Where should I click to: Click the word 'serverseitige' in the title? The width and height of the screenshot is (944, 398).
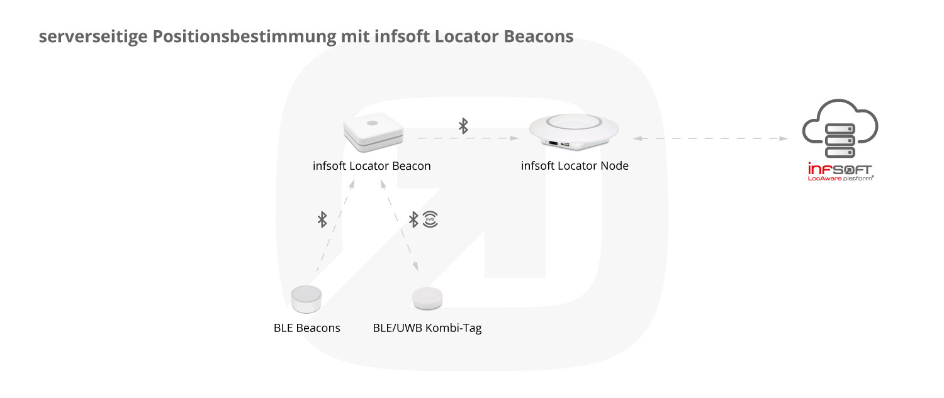click(x=93, y=36)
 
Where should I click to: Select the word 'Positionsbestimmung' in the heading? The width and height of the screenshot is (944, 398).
click(x=244, y=36)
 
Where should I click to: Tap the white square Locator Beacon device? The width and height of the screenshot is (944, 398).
click(x=373, y=131)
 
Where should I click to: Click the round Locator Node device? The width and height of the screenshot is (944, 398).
click(x=574, y=131)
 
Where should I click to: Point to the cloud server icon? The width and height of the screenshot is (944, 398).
click(x=840, y=128)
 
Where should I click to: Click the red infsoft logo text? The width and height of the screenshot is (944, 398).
click(x=840, y=169)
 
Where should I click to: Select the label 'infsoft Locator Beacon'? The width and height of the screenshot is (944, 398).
click(x=372, y=166)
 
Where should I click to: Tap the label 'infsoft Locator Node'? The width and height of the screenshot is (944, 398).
click(x=575, y=166)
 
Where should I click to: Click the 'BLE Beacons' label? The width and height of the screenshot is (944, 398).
click(x=307, y=328)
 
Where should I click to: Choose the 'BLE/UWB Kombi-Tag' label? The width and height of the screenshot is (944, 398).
click(x=427, y=328)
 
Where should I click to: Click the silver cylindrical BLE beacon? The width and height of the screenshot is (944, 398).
click(x=306, y=299)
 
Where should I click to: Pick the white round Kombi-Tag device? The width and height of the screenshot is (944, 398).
click(x=427, y=298)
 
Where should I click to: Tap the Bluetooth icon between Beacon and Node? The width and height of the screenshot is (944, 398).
click(x=463, y=126)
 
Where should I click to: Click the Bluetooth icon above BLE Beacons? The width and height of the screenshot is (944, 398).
click(x=322, y=219)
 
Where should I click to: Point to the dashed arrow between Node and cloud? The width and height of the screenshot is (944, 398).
click(x=711, y=138)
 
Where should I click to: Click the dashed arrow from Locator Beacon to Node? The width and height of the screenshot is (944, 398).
click(x=468, y=138)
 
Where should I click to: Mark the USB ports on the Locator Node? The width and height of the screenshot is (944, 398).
click(x=559, y=144)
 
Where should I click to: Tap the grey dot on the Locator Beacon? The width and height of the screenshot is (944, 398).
click(x=372, y=123)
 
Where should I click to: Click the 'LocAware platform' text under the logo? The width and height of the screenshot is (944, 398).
click(x=841, y=179)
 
